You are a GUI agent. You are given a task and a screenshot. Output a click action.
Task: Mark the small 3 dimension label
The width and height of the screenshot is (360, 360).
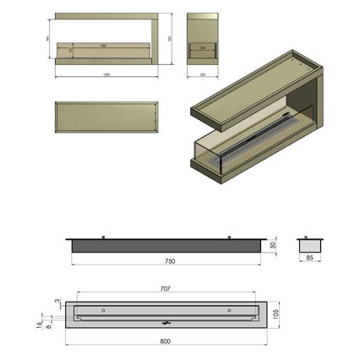coord(57,300)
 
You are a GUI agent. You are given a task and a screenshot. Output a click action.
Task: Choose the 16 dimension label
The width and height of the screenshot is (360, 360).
coord(39,323)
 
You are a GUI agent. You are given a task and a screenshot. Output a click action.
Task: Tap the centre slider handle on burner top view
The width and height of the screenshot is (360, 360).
coord(166,322)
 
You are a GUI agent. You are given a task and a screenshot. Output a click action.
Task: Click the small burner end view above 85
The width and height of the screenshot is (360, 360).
coord(309,244)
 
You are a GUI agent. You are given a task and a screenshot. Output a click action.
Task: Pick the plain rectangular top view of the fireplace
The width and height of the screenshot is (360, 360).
coord(106,117)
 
